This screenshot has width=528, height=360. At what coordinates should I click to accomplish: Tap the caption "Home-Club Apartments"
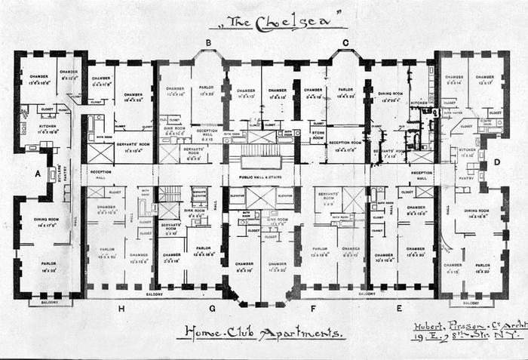coord(260,331)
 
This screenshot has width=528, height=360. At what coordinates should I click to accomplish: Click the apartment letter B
coord(207,42)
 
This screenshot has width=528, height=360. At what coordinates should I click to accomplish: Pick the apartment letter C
coord(345,42)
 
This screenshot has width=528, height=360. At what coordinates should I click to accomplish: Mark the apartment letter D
coord(497,162)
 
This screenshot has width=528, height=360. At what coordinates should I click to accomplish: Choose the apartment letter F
coord(312,307)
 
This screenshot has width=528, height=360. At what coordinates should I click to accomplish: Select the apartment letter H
coord(121,308)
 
